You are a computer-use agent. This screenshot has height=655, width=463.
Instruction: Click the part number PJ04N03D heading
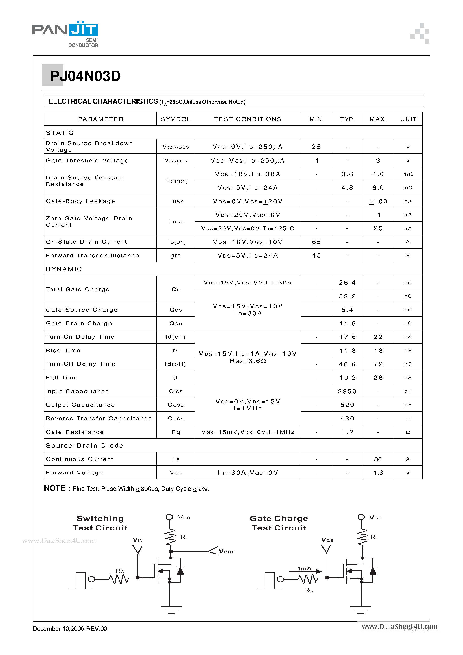[85, 76]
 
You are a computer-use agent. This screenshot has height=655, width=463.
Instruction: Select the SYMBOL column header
[175, 119]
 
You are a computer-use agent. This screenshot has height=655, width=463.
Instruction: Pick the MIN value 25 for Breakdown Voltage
[316, 147]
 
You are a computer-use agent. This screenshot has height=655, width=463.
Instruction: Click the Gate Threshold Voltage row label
[87, 161]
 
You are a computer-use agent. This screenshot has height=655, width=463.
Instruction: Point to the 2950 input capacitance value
[347, 391]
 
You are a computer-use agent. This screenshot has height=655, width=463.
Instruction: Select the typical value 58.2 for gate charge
[347, 296]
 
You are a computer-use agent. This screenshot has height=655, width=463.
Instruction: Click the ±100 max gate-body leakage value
[378, 201]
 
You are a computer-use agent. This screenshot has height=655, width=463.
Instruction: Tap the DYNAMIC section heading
[64, 269]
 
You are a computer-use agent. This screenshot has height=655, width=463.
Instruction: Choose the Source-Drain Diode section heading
[84, 446]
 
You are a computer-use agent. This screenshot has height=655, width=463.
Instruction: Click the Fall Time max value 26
[378, 378]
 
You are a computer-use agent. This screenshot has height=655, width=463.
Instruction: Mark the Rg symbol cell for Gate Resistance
[175, 432]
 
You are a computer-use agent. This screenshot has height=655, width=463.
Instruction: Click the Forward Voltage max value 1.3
[378, 473]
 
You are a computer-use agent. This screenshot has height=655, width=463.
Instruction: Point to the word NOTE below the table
[55, 488]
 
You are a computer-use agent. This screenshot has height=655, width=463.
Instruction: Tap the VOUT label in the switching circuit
[226, 552]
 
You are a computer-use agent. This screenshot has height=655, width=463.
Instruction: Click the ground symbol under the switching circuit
[171, 609]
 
